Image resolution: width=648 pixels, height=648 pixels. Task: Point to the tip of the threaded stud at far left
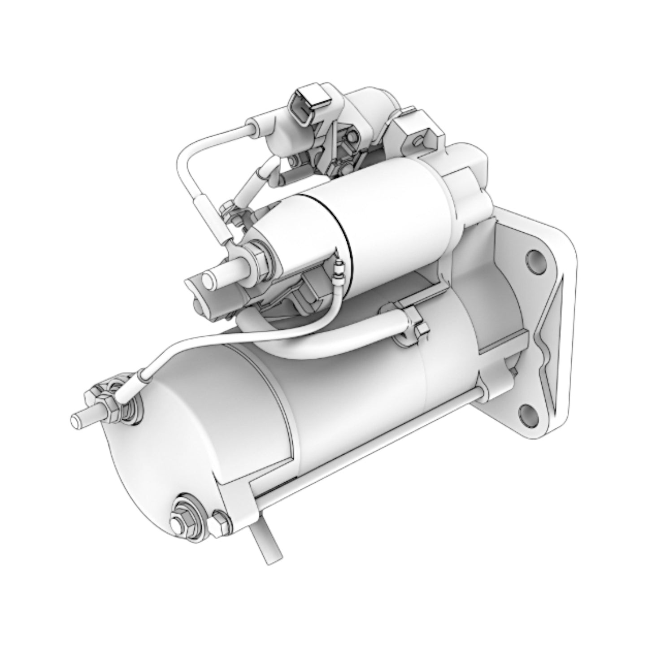point(76,421)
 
